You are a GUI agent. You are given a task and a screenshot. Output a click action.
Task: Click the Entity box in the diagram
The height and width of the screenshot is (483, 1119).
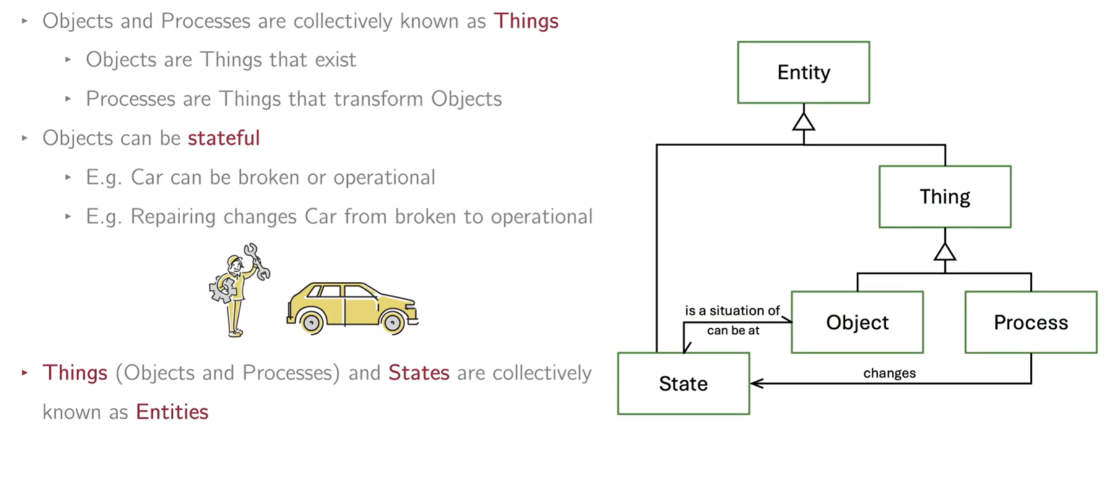click(x=803, y=72)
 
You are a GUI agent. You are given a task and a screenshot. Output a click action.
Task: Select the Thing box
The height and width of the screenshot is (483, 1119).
click(x=944, y=197)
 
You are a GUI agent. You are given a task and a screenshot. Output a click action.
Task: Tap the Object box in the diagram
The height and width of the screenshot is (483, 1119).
click(x=857, y=322)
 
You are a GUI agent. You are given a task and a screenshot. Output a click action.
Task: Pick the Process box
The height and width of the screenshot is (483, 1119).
click(x=1030, y=322)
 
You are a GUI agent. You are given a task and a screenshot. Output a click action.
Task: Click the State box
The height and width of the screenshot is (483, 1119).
click(x=683, y=383)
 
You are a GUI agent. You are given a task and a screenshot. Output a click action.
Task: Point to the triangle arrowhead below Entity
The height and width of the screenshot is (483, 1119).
click(x=803, y=122)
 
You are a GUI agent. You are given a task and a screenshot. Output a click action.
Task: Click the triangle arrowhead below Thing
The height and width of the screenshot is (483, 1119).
click(x=944, y=252)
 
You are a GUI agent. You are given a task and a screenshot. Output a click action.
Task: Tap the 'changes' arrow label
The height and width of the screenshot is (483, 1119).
click(x=889, y=373)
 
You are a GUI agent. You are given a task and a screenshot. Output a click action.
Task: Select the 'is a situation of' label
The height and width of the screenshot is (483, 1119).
click(x=732, y=310)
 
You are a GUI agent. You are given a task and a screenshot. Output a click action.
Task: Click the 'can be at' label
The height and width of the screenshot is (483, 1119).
click(x=733, y=331)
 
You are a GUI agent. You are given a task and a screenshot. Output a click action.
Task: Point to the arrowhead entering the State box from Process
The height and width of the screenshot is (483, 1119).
click(x=756, y=383)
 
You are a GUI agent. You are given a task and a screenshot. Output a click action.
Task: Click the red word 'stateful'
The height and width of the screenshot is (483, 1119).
click(x=223, y=137)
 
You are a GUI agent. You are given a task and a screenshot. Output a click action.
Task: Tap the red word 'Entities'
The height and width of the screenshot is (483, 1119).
click(x=172, y=412)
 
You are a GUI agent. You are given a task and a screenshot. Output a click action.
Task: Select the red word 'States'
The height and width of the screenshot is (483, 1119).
click(x=419, y=373)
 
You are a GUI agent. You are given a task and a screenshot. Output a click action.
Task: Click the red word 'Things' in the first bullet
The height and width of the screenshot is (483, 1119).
click(x=526, y=21)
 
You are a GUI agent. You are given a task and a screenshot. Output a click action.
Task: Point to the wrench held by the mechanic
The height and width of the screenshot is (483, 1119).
click(x=256, y=260)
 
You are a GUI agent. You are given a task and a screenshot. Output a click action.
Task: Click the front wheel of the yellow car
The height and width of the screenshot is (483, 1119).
click(x=392, y=322)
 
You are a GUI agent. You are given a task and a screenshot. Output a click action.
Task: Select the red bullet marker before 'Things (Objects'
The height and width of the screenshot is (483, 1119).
click(x=25, y=373)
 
